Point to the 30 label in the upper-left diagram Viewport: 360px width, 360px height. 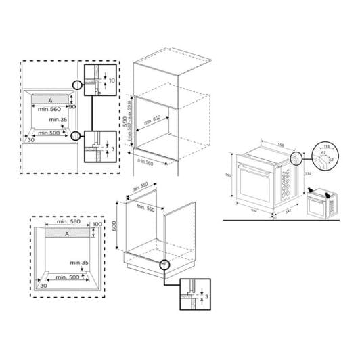(x=31, y=141)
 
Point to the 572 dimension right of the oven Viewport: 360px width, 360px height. (x=308, y=173)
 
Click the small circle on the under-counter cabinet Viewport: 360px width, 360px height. (x=163, y=264)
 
